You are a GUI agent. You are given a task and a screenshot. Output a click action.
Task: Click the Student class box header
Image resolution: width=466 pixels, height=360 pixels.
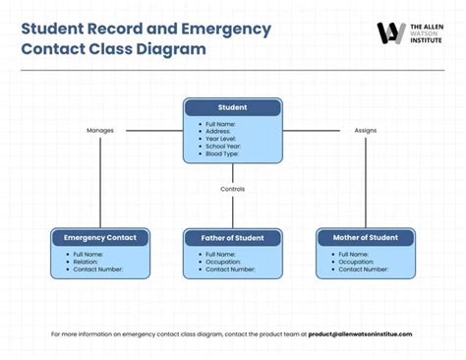(x=233, y=107)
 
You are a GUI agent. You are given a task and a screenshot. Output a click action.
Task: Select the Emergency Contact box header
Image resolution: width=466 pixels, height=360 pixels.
(x=100, y=238)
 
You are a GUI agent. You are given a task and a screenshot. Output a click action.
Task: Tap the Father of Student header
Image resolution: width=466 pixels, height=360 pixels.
(x=233, y=238)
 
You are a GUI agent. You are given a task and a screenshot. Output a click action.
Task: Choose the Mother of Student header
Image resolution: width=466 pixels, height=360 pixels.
(x=365, y=238)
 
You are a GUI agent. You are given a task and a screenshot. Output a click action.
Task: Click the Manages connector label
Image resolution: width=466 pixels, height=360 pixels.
(x=100, y=130)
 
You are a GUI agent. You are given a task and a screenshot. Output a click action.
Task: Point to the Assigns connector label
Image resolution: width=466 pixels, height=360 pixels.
(x=366, y=130)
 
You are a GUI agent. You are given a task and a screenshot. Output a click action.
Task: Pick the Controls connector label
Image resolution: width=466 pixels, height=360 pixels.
(x=233, y=189)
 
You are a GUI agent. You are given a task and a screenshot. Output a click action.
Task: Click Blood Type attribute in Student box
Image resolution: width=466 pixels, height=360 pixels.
(x=222, y=154)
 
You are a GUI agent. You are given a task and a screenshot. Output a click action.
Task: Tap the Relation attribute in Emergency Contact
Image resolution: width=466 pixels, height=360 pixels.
(x=86, y=262)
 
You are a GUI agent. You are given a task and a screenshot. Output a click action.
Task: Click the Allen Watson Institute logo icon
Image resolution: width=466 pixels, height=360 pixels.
(x=390, y=32)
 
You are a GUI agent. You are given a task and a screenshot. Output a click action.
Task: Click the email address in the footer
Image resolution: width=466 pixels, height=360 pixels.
(x=360, y=333)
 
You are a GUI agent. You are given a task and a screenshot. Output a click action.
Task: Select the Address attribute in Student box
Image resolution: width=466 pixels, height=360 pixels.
(x=219, y=131)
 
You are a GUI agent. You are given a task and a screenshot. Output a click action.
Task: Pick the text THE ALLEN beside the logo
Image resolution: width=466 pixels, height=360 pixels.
(x=425, y=25)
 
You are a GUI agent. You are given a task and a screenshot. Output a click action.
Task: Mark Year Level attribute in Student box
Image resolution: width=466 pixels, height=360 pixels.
(x=221, y=139)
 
